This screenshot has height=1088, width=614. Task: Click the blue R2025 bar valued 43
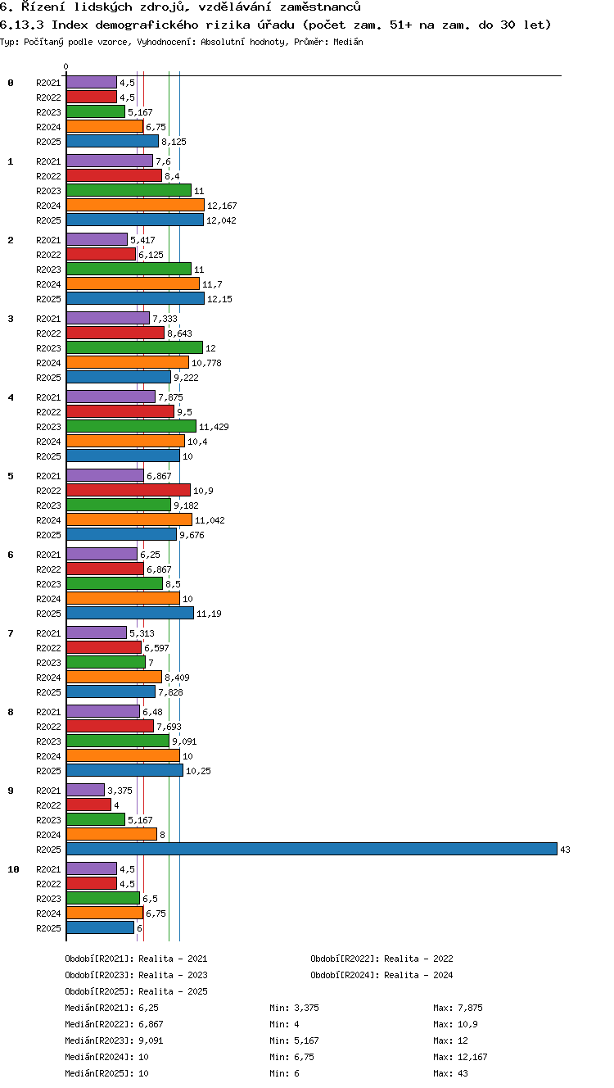point(312,849)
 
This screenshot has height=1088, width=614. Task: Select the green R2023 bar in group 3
point(134,347)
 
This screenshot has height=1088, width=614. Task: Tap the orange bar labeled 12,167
point(135,206)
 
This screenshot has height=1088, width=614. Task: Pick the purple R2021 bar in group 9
point(85,791)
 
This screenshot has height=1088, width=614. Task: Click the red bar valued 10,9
point(129,490)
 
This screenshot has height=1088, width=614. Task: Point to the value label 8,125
point(174,142)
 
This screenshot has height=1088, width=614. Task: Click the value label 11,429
point(214,427)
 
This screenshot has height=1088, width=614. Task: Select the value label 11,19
point(209,614)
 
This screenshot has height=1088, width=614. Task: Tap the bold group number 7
point(11,633)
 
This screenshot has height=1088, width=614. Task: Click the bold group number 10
point(13,869)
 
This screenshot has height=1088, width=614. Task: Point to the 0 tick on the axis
point(66,66)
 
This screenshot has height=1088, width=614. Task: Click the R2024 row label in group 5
point(48,520)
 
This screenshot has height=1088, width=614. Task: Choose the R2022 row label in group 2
point(48,255)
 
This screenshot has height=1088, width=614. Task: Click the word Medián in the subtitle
point(348,42)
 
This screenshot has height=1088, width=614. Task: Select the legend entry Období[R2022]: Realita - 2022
point(381,959)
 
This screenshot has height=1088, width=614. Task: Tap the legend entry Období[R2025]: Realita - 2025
point(136,991)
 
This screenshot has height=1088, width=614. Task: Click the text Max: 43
point(450,1073)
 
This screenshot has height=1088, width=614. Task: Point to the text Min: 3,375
point(294,1008)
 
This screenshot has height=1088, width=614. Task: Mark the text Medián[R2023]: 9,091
point(114,1040)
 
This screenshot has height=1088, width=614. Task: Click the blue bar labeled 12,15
point(135,298)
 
